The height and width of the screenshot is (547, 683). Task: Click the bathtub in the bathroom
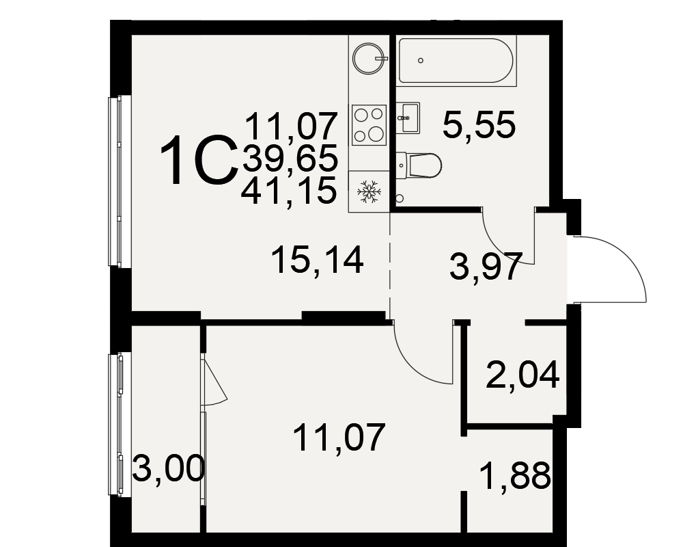click(x=458, y=61)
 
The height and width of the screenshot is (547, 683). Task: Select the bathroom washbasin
click(x=408, y=118)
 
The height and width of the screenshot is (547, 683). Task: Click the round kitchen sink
click(x=370, y=58)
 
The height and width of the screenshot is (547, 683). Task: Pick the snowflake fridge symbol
click(x=369, y=191)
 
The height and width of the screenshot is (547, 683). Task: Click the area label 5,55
click(x=479, y=125)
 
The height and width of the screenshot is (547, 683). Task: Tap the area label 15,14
click(x=317, y=261)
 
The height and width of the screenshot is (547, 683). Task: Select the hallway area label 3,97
click(x=486, y=266)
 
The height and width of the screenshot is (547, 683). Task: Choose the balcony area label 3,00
click(x=168, y=468)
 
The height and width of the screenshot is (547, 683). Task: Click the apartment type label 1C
click(x=199, y=161)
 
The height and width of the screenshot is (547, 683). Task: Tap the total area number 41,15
click(x=289, y=191)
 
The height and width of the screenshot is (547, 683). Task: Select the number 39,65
click(x=290, y=158)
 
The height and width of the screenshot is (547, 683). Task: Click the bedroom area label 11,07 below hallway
click(x=339, y=438)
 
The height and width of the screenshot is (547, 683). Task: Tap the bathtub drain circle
click(x=420, y=61)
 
